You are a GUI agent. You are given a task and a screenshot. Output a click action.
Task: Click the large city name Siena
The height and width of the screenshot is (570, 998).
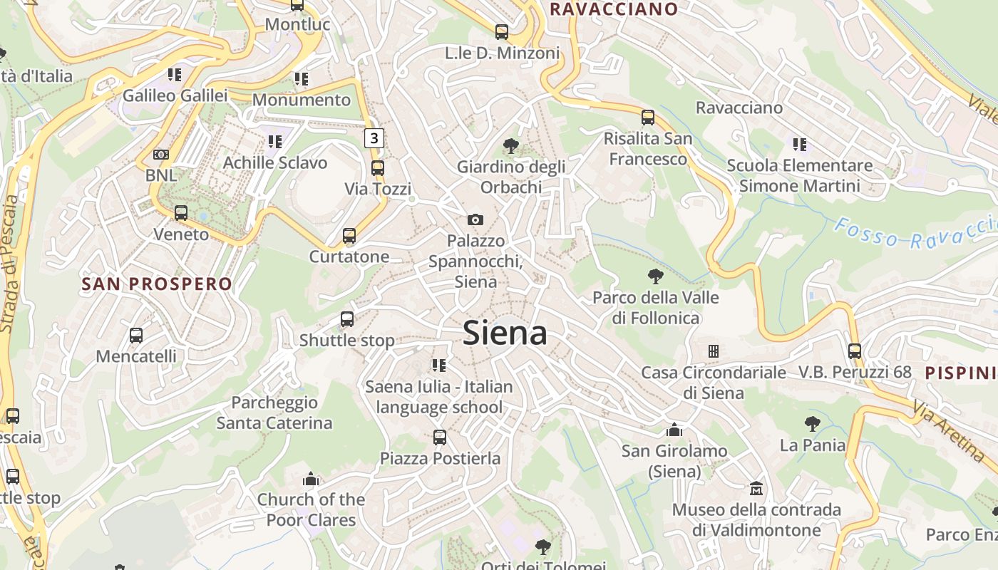[505, 333]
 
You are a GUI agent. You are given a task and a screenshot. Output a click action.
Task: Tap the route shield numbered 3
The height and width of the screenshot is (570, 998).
[374, 138]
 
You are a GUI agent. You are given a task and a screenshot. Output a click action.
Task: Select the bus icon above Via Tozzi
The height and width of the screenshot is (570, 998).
[378, 168]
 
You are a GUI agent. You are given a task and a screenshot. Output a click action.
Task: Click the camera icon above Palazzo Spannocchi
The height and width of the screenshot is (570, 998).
[475, 219]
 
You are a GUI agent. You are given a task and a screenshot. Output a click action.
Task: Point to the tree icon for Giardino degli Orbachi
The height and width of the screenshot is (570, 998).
[510, 146]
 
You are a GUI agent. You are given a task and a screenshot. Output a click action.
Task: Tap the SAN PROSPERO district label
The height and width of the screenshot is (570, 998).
[157, 284]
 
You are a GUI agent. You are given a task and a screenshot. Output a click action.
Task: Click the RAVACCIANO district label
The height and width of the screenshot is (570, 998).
[614, 9]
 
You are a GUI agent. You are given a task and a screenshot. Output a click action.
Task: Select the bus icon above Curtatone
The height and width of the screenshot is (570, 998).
[349, 236]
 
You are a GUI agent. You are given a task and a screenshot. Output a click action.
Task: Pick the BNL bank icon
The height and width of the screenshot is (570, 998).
[161, 155]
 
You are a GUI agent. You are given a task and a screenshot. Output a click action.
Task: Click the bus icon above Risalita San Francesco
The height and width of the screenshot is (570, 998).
[648, 118]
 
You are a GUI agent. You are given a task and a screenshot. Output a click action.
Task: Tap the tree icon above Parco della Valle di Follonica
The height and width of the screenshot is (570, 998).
[656, 276]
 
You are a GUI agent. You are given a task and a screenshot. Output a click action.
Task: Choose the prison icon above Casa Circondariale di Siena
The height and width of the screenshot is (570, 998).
[713, 351]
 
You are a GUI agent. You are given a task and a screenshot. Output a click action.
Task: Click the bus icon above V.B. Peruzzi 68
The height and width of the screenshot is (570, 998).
[855, 351]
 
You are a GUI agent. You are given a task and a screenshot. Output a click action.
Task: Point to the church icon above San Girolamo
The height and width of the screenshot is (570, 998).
[674, 430]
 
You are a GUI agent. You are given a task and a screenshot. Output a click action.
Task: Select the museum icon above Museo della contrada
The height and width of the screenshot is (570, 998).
[756, 489]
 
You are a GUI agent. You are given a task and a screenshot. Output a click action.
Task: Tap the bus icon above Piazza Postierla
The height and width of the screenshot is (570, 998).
[440, 437]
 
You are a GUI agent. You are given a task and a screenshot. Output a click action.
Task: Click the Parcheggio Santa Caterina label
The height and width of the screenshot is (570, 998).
[274, 413]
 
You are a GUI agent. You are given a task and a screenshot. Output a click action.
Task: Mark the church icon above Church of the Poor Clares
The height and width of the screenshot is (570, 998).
[311, 479]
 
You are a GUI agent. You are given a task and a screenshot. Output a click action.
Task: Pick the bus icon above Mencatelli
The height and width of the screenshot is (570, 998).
[136, 335]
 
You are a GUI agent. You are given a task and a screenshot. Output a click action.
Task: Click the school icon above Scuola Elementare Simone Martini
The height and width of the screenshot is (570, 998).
[800, 145]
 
